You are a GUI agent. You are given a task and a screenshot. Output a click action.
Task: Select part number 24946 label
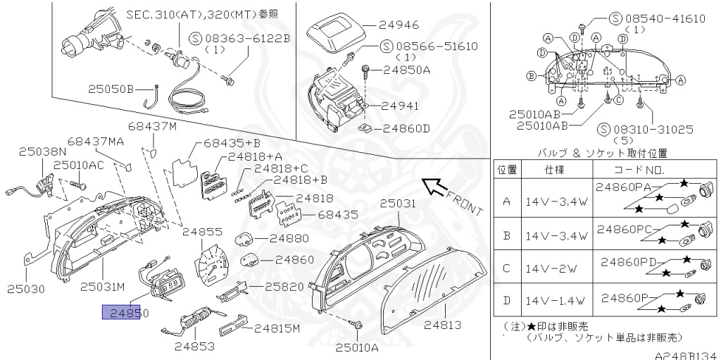pyautogui.click(x=401, y=24)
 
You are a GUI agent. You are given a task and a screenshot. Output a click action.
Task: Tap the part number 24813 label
pyautogui.click(x=444, y=325)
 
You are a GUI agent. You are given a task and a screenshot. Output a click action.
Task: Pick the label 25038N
pyautogui.click(x=42, y=151)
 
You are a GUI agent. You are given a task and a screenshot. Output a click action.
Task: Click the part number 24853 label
pyautogui.click(x=195, y=346)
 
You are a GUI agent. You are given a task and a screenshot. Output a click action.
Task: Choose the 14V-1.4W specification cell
pyautogui.click(x=554, y=302)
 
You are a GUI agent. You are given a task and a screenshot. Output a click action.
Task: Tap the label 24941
pyautogui.click(x=400, y=106)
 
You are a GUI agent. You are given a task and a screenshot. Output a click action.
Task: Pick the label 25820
pyautogui.click(x=283, y=287)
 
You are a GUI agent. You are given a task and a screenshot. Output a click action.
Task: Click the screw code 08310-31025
pyautogui.click(x=655, y=130)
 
